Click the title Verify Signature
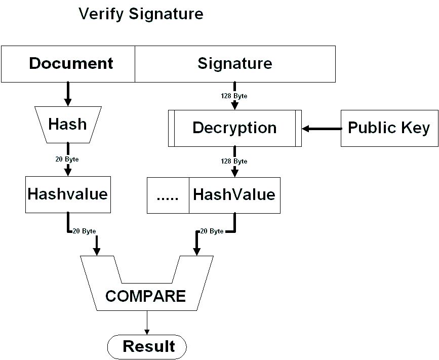[x=141, y=14]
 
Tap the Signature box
[x=235, y=64]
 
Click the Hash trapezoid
[x=67, y=124]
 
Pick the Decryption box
[x=234, y=128]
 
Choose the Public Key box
[x=389, y=128]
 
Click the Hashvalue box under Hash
[x=67, y=194]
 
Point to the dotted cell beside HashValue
[x=168, y=195]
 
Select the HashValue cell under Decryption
[x=234, y=195]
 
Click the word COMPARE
[x=146, y=296]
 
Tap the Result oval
[x=147, y=347]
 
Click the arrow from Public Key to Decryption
[x=321, y=129]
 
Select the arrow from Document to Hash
[x=67, y=94]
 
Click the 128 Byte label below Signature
[x=234, y=96]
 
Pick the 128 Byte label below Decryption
[x=234, y=162]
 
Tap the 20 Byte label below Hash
[x=67, y=159]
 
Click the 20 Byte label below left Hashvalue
[x=84, y=231]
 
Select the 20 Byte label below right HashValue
[x=212, y=231]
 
